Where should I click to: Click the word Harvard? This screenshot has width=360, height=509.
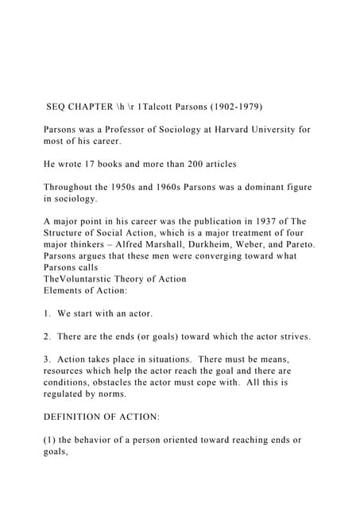click(x=225, y=129)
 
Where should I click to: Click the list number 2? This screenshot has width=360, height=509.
click(x=47, y=336)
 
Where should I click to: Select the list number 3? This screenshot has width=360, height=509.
click(x=47, y=359)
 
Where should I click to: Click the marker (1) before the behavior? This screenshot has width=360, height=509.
click(x=50, y=440)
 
